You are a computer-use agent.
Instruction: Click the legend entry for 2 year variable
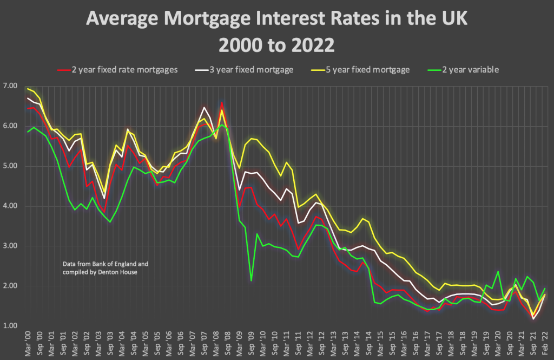pyautogui.click(x=471, y=69)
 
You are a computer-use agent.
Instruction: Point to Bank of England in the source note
pyautogui.click(x=115, y=264)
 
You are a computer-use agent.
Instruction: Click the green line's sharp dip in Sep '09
pyautogui.click(x=251, y=280)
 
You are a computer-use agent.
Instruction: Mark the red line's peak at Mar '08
pyautogui.click(x=221, y=102)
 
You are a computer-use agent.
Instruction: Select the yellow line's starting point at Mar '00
pyautogui.click(x=28, y=89)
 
